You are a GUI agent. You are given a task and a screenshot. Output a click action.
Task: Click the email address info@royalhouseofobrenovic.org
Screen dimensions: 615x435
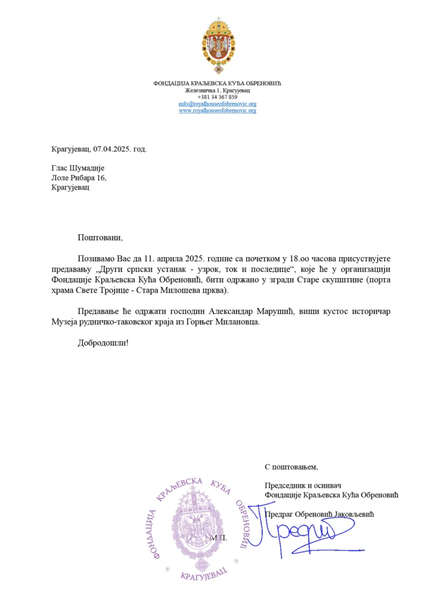(218, 104)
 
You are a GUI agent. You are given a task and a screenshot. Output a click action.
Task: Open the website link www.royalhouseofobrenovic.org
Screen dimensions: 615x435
(218, 111)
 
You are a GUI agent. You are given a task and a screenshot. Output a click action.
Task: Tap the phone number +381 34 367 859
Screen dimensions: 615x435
(218, 97)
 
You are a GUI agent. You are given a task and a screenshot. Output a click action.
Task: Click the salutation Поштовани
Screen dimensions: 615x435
(99, 237)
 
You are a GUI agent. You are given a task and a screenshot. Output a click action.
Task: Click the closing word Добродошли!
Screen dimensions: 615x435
(102, 344)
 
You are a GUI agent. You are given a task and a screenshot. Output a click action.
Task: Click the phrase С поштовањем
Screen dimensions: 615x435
(291, 467)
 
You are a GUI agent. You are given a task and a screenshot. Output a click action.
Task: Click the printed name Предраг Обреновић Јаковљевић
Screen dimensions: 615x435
(319, 514)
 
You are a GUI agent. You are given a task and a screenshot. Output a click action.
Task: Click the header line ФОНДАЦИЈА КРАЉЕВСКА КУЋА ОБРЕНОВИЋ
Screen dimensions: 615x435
(218, 83)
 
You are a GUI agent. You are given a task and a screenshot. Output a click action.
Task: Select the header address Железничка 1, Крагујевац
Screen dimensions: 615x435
(218, 90)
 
